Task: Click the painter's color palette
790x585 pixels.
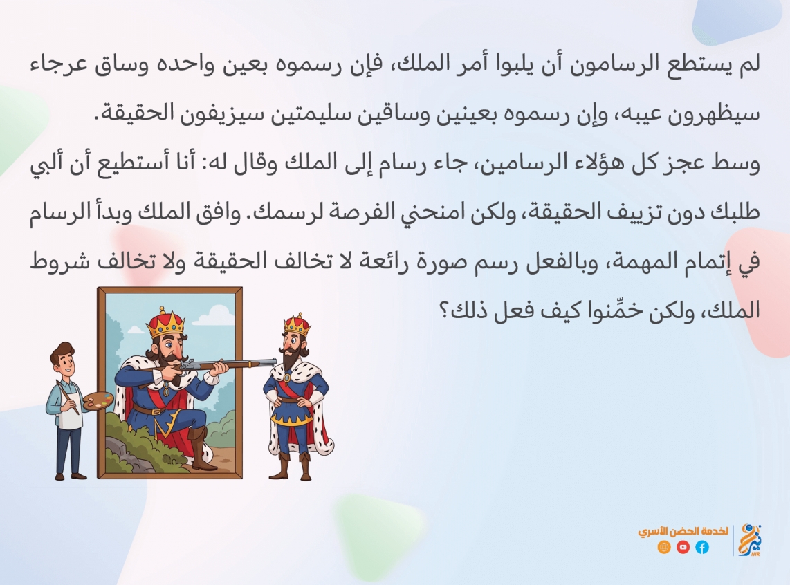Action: tap(98, 401)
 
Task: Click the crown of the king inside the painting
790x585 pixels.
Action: tap(165, 324)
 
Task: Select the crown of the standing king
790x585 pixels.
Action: tap(297, 325)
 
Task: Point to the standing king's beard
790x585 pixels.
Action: tap(291, 360)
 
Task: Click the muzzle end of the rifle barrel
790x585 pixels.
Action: tap(275, 362)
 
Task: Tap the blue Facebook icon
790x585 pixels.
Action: tap(702, 547)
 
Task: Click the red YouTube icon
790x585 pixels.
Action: tap(683, 547)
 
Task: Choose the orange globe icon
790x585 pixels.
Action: tap(664, 547)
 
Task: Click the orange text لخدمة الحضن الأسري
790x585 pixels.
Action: tap(683, 532)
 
